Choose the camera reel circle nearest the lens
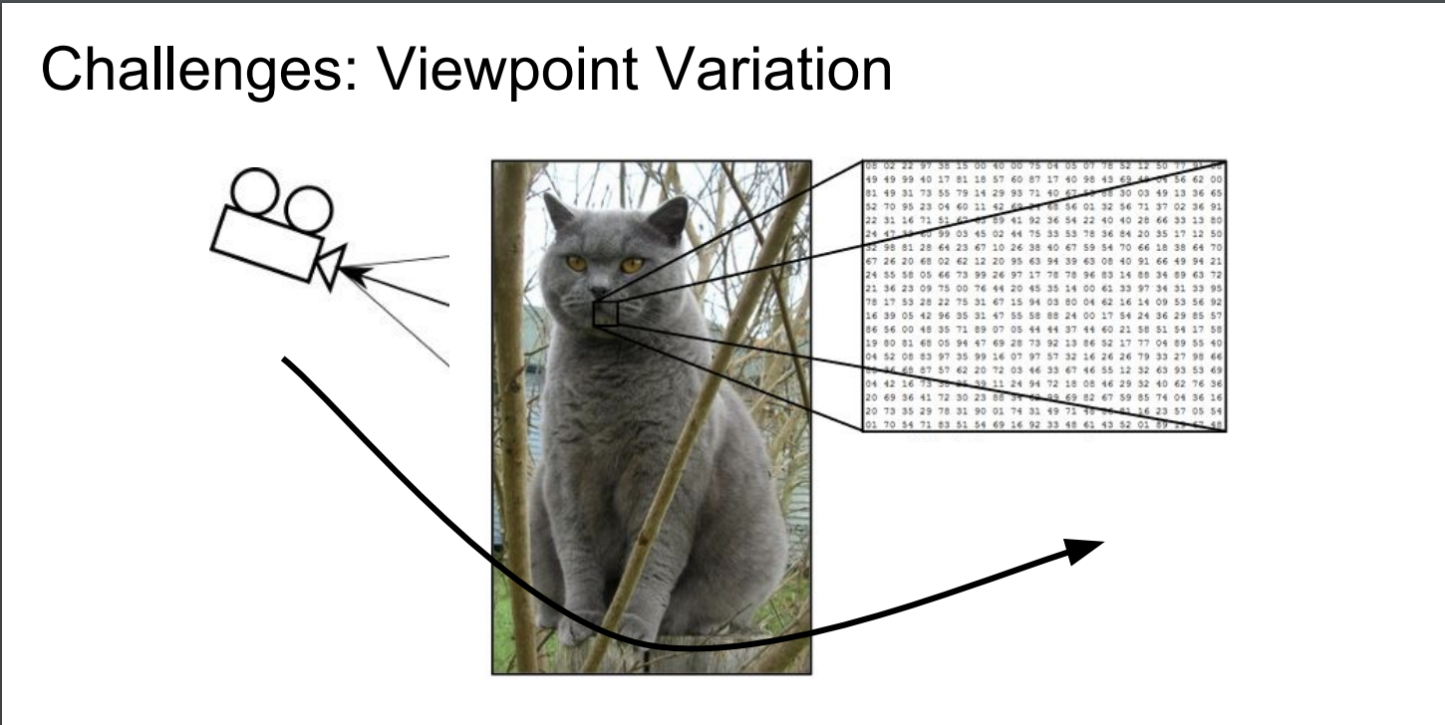point(310,208)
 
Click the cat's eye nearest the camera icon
point(577,263)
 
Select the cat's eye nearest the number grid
point(632,265)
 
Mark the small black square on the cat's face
point(606,313)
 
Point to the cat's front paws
point(598,627)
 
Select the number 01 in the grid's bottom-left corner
point(871,425)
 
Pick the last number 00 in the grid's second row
point(1217,178)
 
